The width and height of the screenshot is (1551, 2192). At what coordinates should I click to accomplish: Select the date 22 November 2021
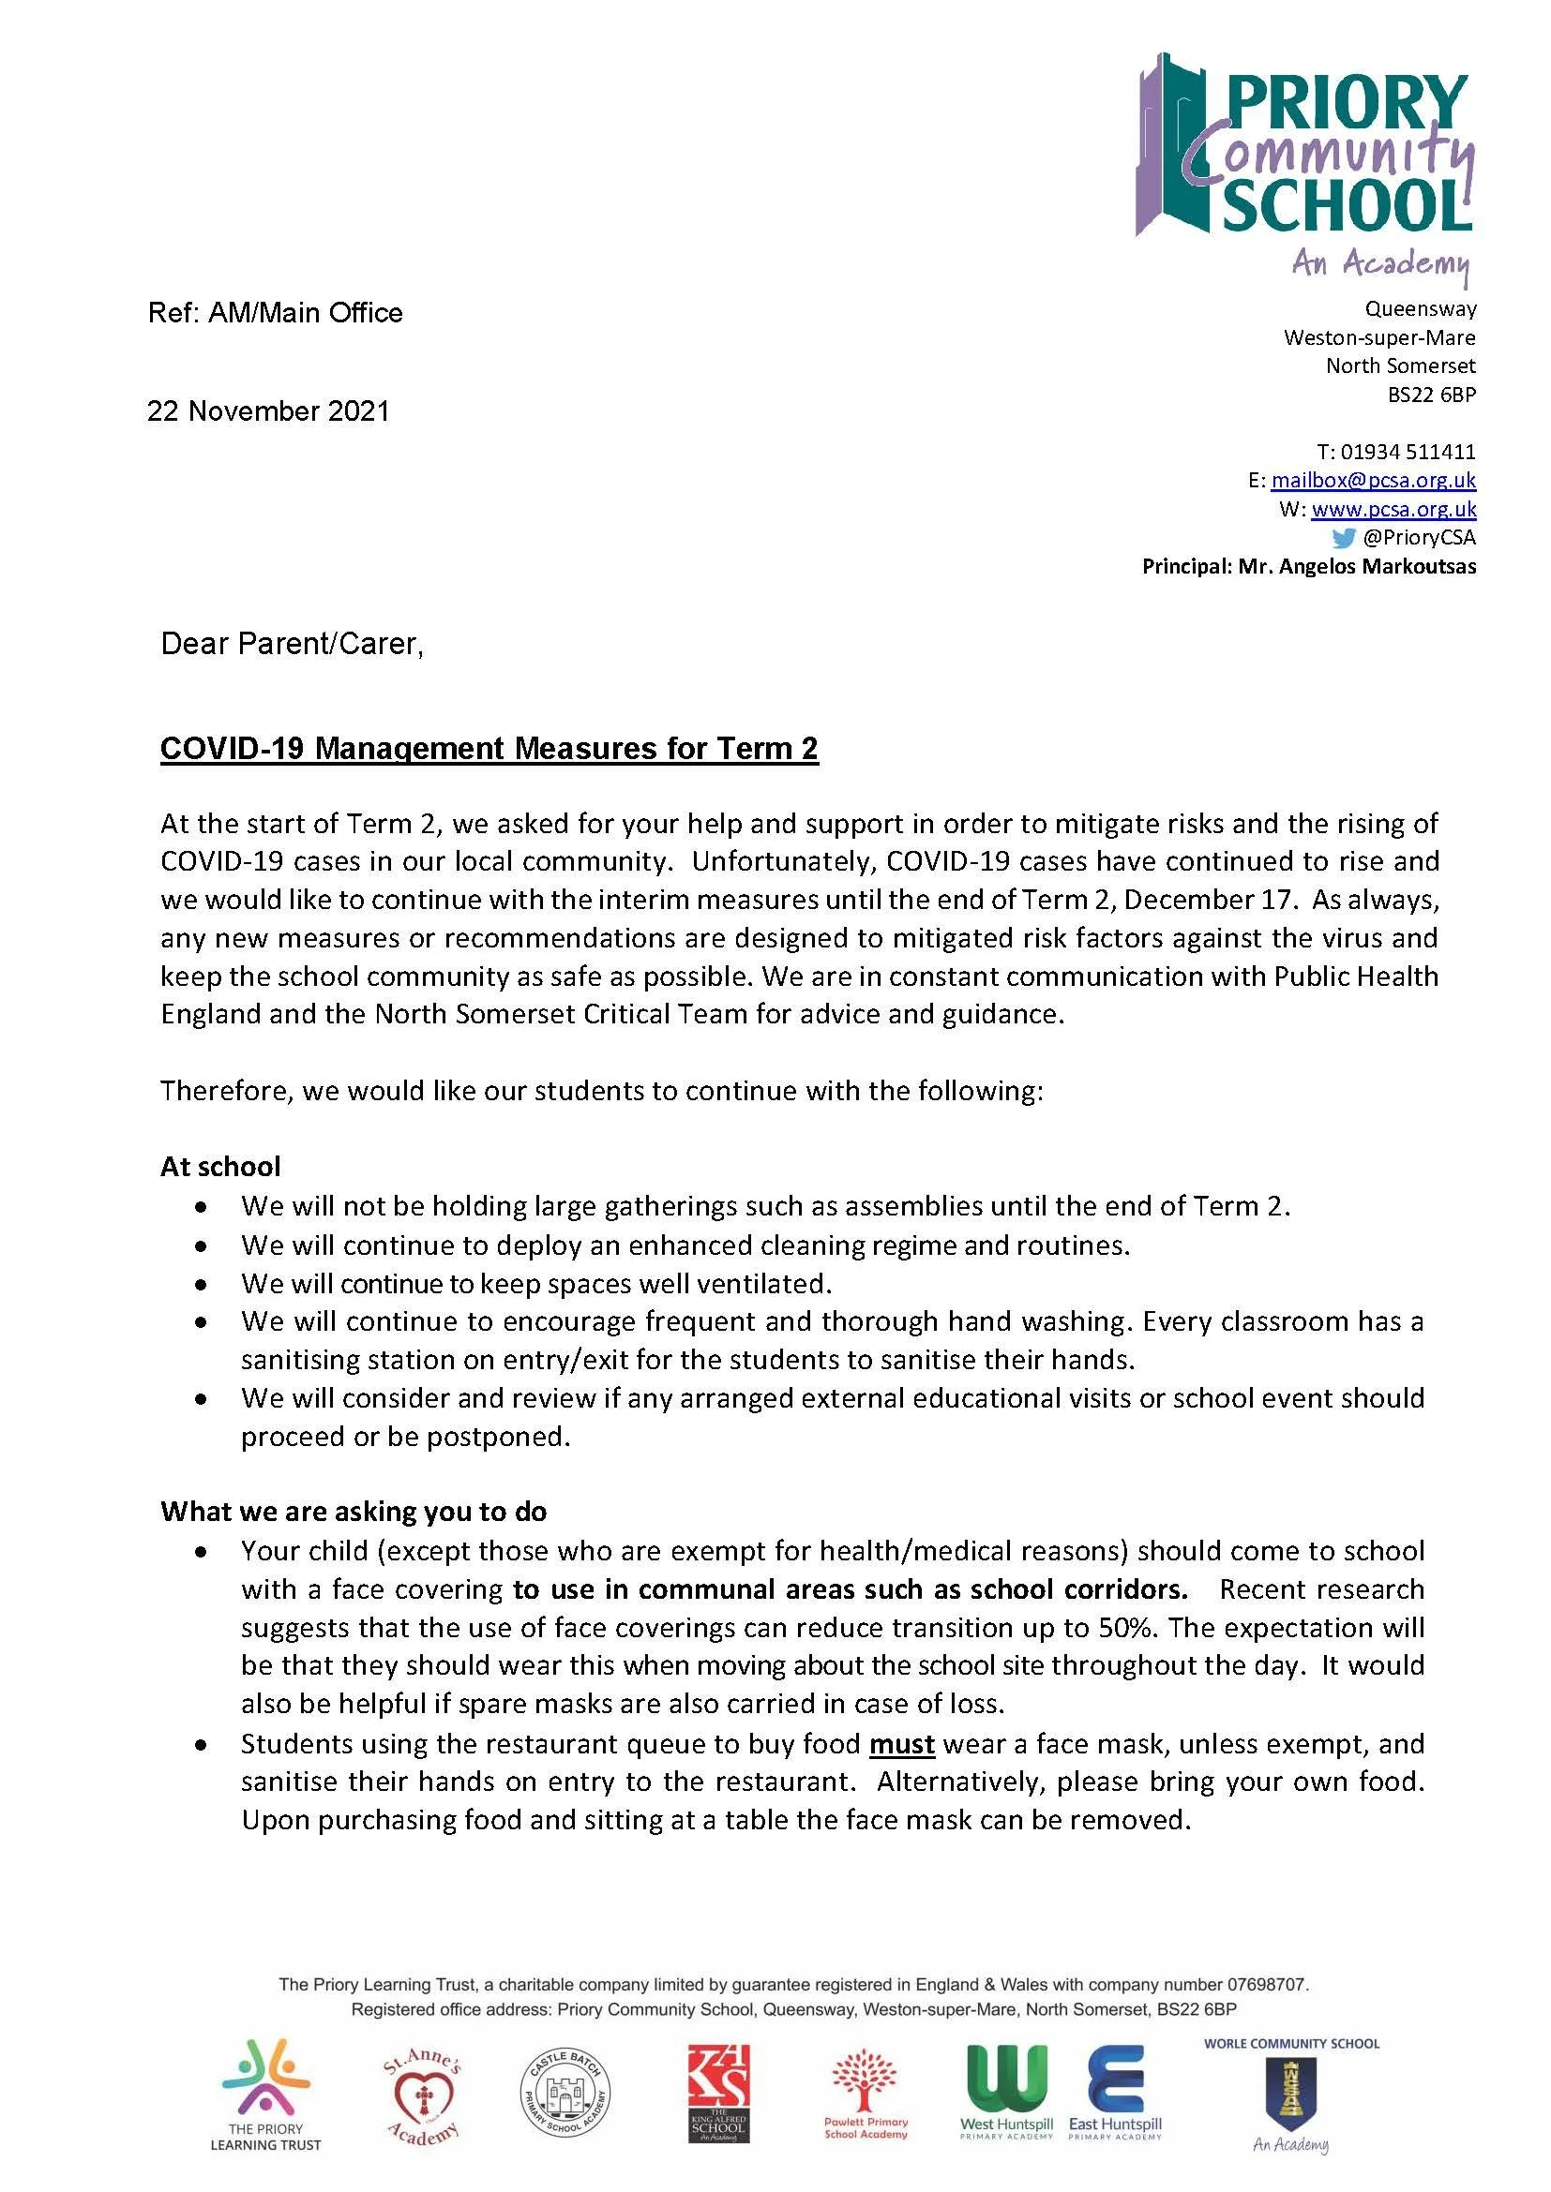[x=268, y=411]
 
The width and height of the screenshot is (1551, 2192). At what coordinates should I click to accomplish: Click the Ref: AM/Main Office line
[x=275, y=313]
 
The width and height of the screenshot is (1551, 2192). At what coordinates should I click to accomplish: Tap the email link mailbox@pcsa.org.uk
[x=1373, y=480]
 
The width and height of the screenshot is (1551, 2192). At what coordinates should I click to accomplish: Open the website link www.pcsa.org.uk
[x=1393, y=509]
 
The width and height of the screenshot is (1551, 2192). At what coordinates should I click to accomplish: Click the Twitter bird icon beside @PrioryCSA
[x=1343, y=538]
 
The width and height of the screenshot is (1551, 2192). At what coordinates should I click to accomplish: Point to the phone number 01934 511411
[x=1408, y=452]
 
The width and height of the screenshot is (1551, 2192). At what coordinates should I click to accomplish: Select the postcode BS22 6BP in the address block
[x=1431, y=395]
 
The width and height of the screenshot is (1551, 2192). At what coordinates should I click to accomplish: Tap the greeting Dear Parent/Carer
[x=292, y=645]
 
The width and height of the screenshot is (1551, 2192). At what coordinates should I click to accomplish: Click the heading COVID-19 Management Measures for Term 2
[x=489, y=749]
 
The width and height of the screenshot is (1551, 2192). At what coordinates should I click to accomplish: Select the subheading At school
[x=220, y=1167]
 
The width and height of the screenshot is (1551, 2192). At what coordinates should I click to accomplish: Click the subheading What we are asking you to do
[x=354, y=1512]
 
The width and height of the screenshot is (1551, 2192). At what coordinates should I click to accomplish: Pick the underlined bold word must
[x=901, y=1744]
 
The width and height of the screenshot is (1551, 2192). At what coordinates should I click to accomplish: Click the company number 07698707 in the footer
[x=1266, y=1985]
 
